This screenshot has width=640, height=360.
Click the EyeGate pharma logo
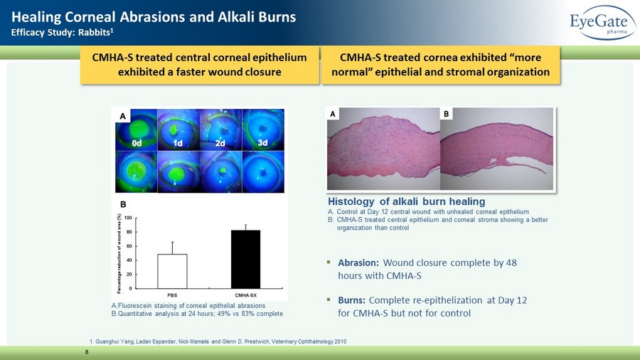(603, 23)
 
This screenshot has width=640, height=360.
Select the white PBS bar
(172, 272)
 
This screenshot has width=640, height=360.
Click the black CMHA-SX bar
(246, 259)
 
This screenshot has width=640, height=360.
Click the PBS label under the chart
(172, 295)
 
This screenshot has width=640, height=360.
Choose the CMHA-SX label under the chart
(246, 295)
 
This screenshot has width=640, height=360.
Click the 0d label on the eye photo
(137, 143)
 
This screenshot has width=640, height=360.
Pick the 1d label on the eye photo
(178, 143)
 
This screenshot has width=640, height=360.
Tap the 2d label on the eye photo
(220, 143)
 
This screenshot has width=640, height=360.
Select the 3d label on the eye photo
(262, 143)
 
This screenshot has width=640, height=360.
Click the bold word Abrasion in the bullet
(358, 263)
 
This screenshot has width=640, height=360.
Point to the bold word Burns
(351, 300)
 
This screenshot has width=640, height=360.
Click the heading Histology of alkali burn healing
(407, 201)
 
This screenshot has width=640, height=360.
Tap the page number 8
(87, 352)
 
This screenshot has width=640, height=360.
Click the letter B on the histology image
(446, 114)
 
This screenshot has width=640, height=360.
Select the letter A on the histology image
(333, 115)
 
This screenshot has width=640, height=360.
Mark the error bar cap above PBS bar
(172, 242)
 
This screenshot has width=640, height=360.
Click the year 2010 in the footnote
(340, 342)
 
